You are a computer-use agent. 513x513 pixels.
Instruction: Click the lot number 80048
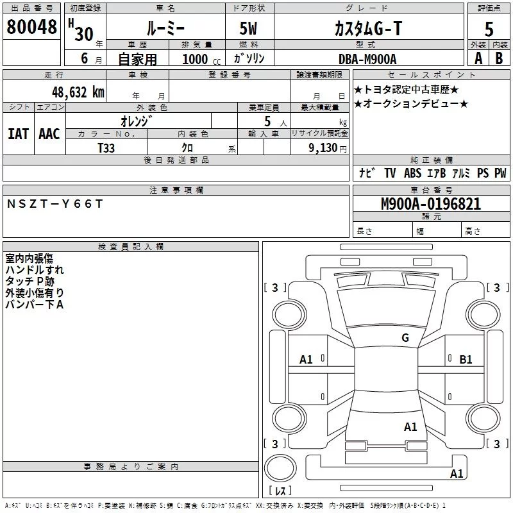click(x=31, y=27)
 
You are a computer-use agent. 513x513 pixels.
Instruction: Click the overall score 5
click(x=489, y=29)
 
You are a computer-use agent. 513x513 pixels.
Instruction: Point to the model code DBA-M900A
click(x=367, y=59)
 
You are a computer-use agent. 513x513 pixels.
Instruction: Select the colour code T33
click(x=106, y=147)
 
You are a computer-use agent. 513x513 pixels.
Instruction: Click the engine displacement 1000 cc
click(x=197, y=60)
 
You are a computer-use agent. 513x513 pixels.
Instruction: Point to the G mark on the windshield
click(x=405, y=338)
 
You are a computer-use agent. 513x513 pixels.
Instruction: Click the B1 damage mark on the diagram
click(x=466, y=360)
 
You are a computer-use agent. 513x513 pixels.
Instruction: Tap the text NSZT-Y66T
click(x=55, y=204)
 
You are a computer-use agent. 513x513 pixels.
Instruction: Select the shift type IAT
click(x=18, y=134)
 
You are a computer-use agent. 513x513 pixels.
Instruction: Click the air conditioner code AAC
click(x=49, y=134)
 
